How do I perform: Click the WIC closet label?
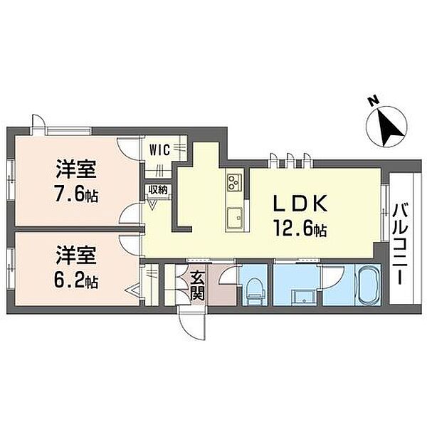(160, 149)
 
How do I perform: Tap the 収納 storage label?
(158, 189)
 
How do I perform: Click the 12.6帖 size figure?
(300, 231)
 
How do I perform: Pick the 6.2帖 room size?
(76, 281)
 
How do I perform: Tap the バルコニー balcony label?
(400, 244)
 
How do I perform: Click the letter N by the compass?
(374, 100)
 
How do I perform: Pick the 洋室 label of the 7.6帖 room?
(76, 169)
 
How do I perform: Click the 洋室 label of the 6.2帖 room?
(76, 255)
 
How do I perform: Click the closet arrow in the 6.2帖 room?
(134, 291)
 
